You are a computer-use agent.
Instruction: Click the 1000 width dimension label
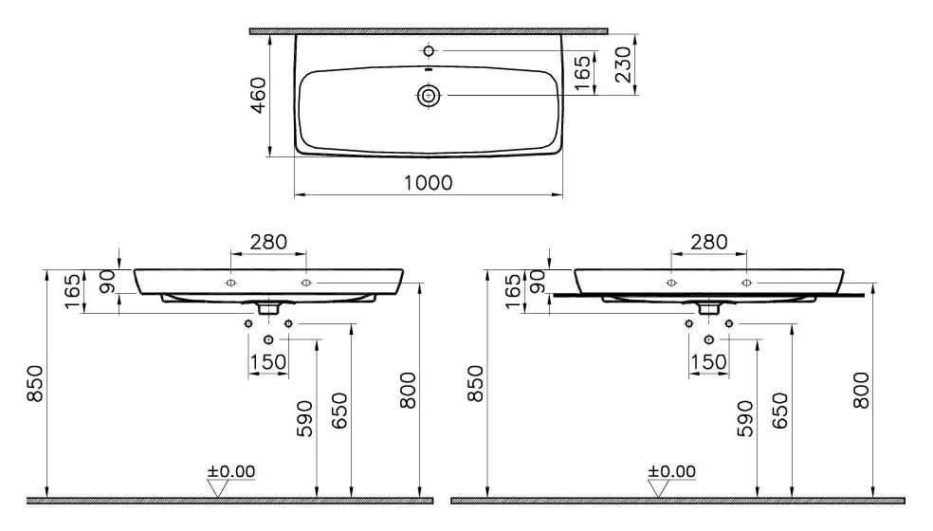(x=429, y=183)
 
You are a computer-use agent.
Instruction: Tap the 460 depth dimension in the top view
(x=258, y=95)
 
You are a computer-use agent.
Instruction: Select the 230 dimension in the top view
(x=621, y=64)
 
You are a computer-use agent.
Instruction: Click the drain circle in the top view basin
(x=429, y=95)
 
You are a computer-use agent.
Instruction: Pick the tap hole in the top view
(x=429, y=50)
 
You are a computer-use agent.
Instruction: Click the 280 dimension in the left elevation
(x=268, y=242)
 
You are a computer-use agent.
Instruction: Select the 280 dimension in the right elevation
(x=708, y=242)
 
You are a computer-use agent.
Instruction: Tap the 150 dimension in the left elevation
(x=268, y=361)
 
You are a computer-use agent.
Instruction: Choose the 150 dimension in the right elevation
(x=708, y=361)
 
